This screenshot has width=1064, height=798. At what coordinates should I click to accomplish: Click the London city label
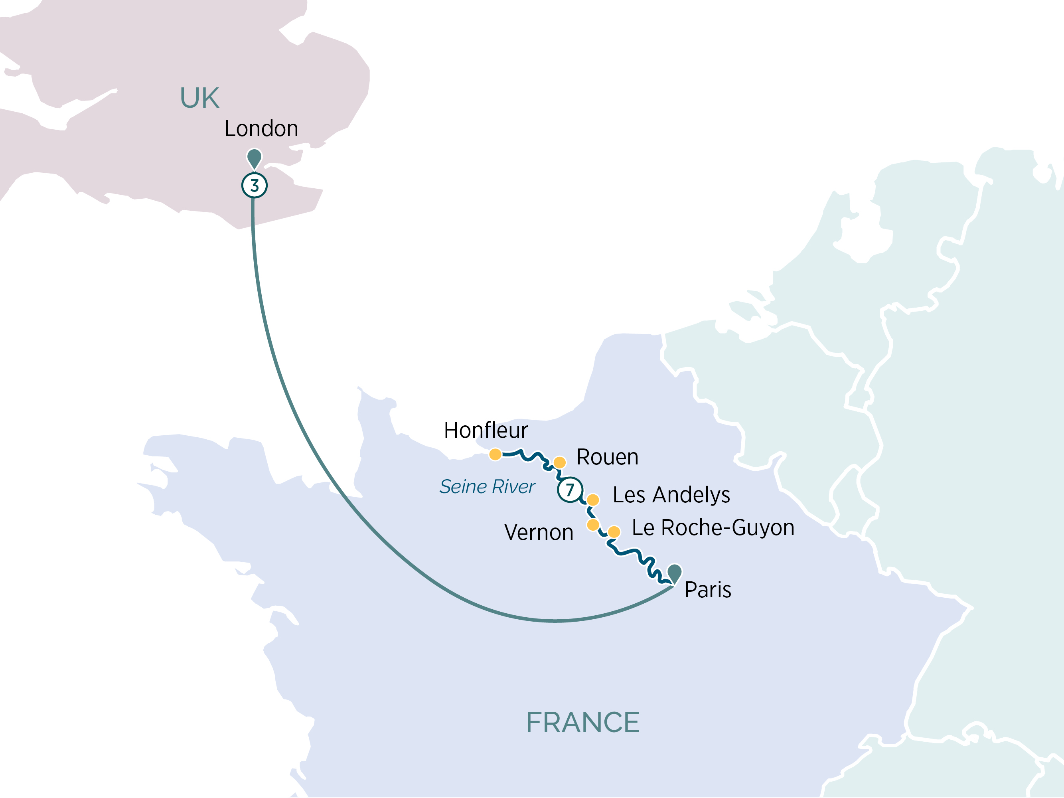pyautogui.click(x=261, y=129)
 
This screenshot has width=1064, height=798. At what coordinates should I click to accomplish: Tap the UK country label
pyautogui.click(x=199, y=98)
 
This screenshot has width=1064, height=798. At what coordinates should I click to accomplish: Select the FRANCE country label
pyautogui.click(x=582, y=723)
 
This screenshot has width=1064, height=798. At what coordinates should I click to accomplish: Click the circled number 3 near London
pyautogui.click(x=254, y=185)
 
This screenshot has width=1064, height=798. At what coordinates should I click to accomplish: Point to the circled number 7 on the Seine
pyautogui.click(x=570, y=490)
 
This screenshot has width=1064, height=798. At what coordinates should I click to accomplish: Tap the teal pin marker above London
pyautogui.click(x=254, y=158)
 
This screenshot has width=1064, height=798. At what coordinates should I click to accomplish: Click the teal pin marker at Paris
pyautogui.click(x=674, y=573)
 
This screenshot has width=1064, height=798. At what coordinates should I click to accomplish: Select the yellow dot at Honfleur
pyautogui.click(x=495, y=454)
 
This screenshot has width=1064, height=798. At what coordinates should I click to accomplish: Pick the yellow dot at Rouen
pyautogui.click(x=559, y=462)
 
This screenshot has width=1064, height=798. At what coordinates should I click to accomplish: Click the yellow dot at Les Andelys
pyautogui.click(x=593, y=500)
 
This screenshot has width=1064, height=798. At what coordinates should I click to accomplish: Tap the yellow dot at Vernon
pyautogui.click(x=593, y=524)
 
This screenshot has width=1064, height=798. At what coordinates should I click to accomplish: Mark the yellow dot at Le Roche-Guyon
pyautogui.click(x=614, y=532)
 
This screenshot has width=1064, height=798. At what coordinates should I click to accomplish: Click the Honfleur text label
pyautogui.click(x=486, y=431)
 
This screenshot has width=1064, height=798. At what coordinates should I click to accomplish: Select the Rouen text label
pyautogui.click(x=607, y=457)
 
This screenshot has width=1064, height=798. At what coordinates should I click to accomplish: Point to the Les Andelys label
pyautogui.click(x=671, y=495)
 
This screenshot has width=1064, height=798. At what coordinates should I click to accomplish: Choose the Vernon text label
pyautogui.click(x=538, y=533)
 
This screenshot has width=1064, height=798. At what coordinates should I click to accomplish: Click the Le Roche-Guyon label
pyautogui.click(x=713, y=527)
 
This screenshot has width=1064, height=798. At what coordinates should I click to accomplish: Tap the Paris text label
pyautogui.click(x=708, y=590)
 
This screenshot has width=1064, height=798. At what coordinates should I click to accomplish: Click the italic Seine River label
pyautogui.click(x=487, y=487)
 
